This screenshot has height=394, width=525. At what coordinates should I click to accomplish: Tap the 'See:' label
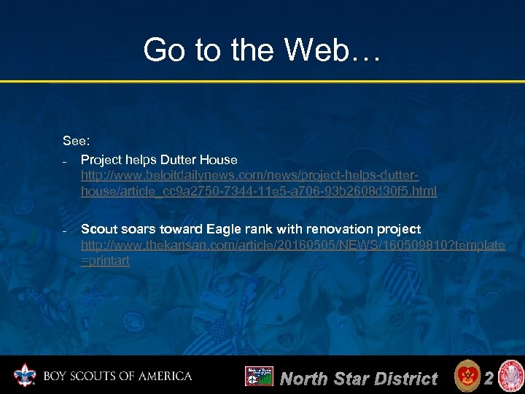pyautogui.click(x=76, y=140)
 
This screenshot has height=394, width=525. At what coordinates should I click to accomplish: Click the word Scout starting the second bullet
pyautogui.click(x=98, y=229)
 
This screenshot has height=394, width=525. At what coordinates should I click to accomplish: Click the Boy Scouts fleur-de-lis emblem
pyautogui.click(x=26, y=376)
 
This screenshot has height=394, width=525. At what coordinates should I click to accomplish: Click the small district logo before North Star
pyautogui.click(x=258, y=376)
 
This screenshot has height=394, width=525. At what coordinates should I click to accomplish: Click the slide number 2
pyautogui.click(x=489, y=377)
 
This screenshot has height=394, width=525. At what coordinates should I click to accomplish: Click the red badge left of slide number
pyautogui.click(x=466, y=376)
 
